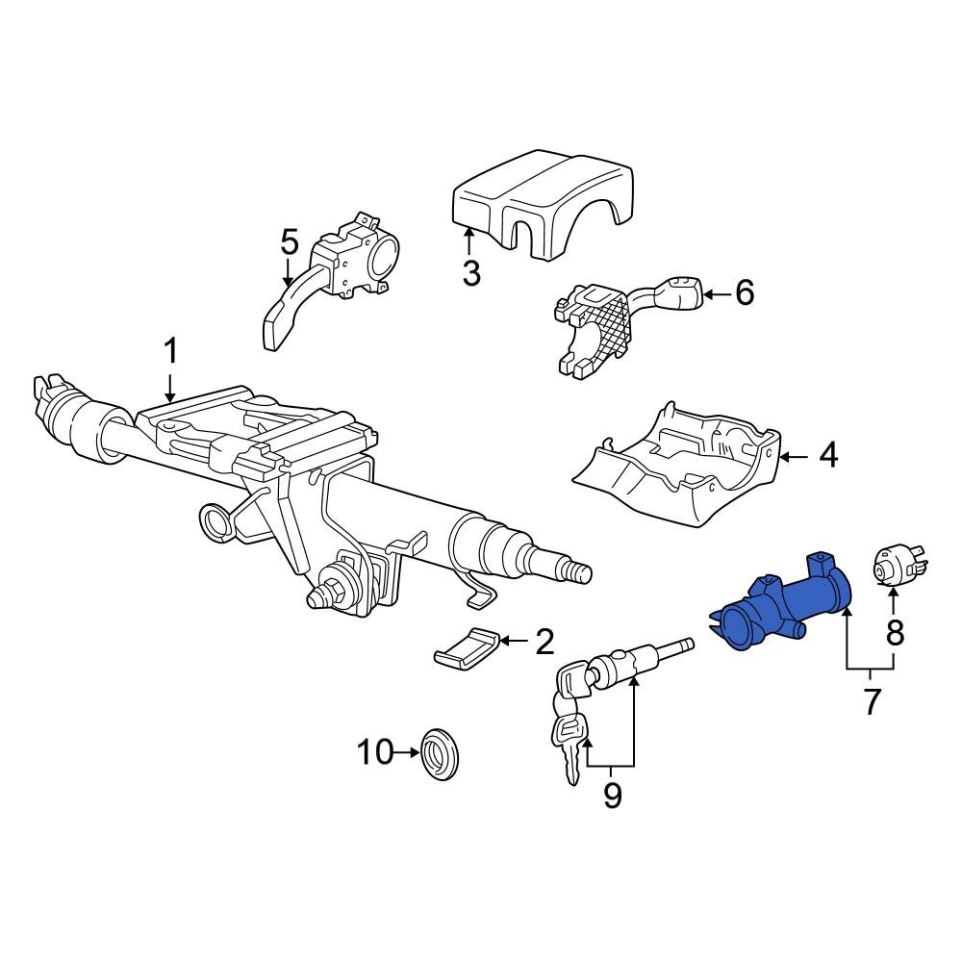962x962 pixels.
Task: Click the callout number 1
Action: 170,352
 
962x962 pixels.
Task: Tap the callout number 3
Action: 471,272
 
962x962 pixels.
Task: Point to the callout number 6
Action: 745,293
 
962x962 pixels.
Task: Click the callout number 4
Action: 828,456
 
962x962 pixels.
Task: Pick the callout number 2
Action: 544,642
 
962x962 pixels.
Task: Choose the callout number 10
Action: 375,751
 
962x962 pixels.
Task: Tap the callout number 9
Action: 612,796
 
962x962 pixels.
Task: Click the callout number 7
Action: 872,701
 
